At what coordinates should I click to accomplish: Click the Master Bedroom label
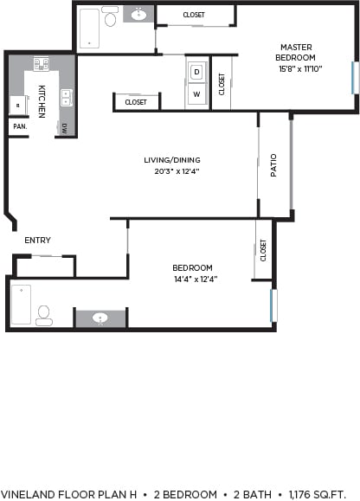(x=295, y=52)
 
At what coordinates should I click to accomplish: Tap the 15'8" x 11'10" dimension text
(x=295, y=68)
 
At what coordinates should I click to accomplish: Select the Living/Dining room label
(x=172, y=159)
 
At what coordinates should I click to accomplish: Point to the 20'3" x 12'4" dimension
(x=172, y=170)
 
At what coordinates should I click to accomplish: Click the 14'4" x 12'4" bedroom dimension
(x=192, y=279)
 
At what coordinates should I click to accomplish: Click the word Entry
(x=36, y=241)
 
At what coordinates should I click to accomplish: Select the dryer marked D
(x=196, y=71)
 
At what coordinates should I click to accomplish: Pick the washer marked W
(x=196, y=93)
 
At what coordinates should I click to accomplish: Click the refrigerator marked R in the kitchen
(x=16, y=105)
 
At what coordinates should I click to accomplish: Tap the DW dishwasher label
(x=65, y=128)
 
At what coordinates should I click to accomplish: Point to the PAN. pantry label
(x=17, y=126)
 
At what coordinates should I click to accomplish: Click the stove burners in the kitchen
(x=41, y=63)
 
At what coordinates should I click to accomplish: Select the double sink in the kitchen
(x=66, y=97)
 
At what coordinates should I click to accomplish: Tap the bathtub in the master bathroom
(x=89, y=29)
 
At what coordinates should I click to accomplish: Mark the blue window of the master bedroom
(x=353, y=77)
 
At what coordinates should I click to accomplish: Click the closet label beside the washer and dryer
(x=222, y=84)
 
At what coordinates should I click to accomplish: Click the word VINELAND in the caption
(x=25, y=494)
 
